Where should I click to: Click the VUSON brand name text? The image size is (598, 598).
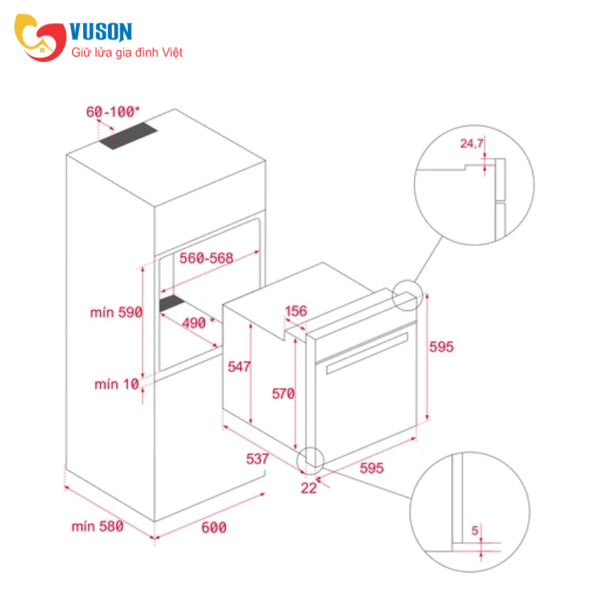101,31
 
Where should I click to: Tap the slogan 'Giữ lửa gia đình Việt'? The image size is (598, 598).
127,52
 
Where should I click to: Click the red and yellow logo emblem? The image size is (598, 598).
40,37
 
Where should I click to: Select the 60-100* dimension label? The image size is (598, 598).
113,111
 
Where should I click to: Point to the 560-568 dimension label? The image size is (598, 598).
206,258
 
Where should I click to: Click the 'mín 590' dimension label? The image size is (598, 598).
117,312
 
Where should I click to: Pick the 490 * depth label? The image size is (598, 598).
198,323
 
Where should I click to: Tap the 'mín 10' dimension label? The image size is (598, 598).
117,384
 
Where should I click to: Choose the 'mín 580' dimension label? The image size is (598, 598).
98,527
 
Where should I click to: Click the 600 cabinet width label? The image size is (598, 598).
214,528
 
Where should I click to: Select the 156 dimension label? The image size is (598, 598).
296,311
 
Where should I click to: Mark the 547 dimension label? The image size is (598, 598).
239,366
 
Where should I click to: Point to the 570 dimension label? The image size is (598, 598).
283,393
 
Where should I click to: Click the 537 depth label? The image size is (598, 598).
257,459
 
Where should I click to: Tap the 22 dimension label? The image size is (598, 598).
309,488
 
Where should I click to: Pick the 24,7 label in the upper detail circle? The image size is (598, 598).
472,144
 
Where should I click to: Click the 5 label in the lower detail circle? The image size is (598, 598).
475,530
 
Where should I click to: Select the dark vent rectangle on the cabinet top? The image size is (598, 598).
129,136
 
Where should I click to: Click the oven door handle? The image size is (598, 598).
367,353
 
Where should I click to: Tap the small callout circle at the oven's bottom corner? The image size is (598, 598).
311,460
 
